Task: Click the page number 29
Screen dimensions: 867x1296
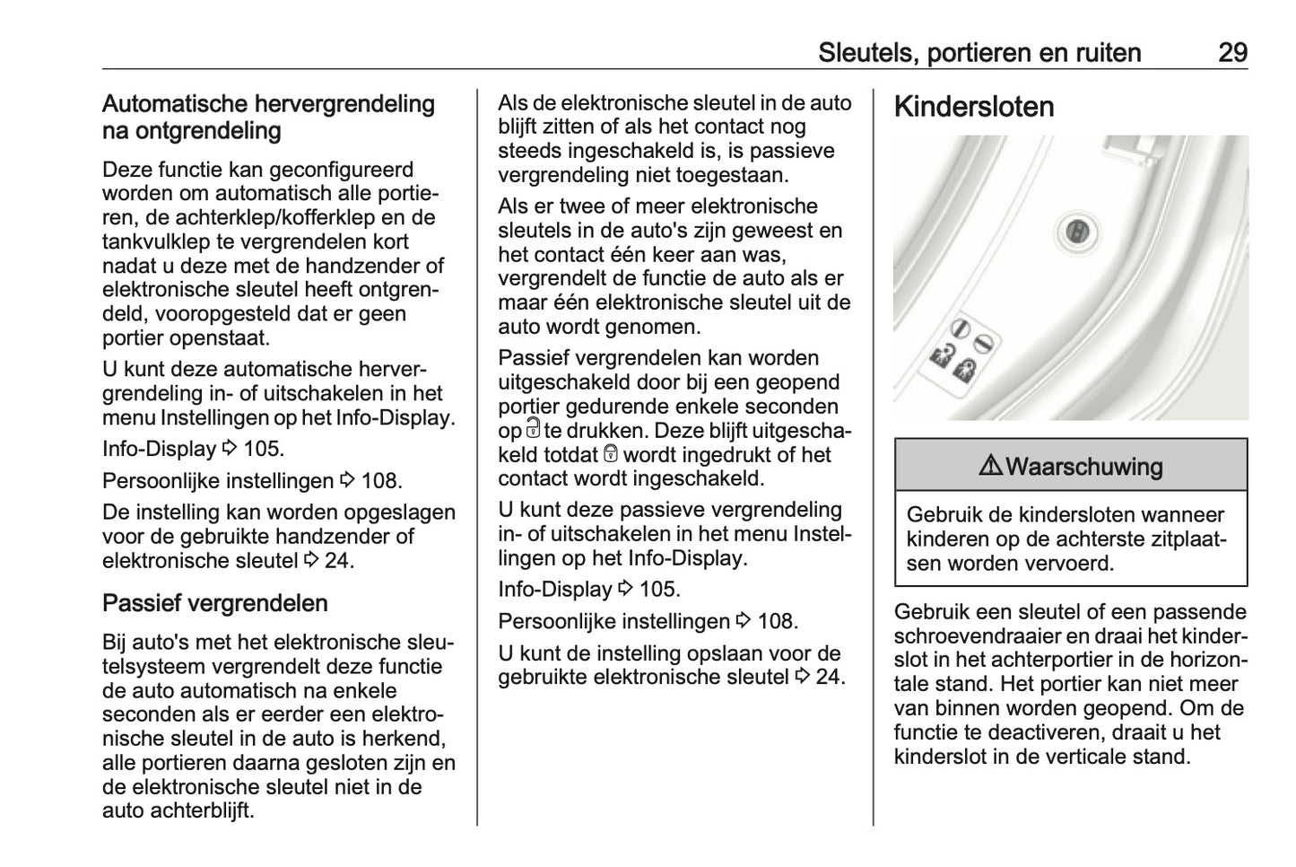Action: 1231,52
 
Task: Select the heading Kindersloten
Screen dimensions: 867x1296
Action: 974,107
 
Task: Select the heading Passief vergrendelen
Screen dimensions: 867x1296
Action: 214,603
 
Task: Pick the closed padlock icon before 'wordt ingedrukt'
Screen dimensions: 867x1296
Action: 612,454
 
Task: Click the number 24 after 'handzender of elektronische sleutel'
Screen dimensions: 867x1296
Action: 338,561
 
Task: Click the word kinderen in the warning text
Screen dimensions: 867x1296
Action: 948,539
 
